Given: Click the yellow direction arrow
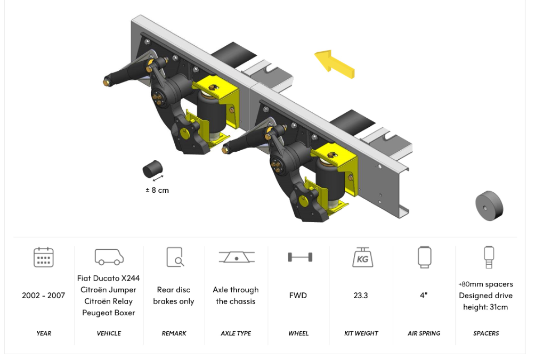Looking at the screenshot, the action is click(x=335, y=64).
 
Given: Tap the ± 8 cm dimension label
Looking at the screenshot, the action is click(x=157, y=190).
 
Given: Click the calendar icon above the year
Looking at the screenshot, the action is click(x=44, y=257).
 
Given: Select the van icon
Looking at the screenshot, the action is click(x=109, y=257).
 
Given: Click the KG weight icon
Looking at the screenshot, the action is click(x=362, y=257).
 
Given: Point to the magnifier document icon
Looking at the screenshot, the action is click(x=175, y=257).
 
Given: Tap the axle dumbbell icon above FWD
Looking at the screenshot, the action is click(x=300, y=257).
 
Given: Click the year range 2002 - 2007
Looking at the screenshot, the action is click(x=43, y=296).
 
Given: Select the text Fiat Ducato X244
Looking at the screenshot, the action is click(x=109, y=278).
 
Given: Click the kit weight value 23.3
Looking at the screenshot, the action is click(x=361, y=296).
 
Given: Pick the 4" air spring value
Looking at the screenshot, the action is click(x=424, y=296).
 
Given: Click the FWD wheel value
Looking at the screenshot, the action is click(x=298, y=296).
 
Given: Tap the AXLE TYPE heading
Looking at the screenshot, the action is click(x=236, y=333).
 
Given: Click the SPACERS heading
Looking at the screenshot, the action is click(x=486, y=333).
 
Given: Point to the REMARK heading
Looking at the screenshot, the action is click(x=174, y=333).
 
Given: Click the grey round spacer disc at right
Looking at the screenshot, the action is click(x=489, y=206).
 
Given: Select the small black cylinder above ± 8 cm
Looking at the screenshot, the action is click(x=152, y=169).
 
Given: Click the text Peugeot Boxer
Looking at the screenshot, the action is click(x=109, y=313).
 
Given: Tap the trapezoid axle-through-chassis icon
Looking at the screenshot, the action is click(x=237, y=257).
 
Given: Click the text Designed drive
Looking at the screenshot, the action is click(x=485, y=296).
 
